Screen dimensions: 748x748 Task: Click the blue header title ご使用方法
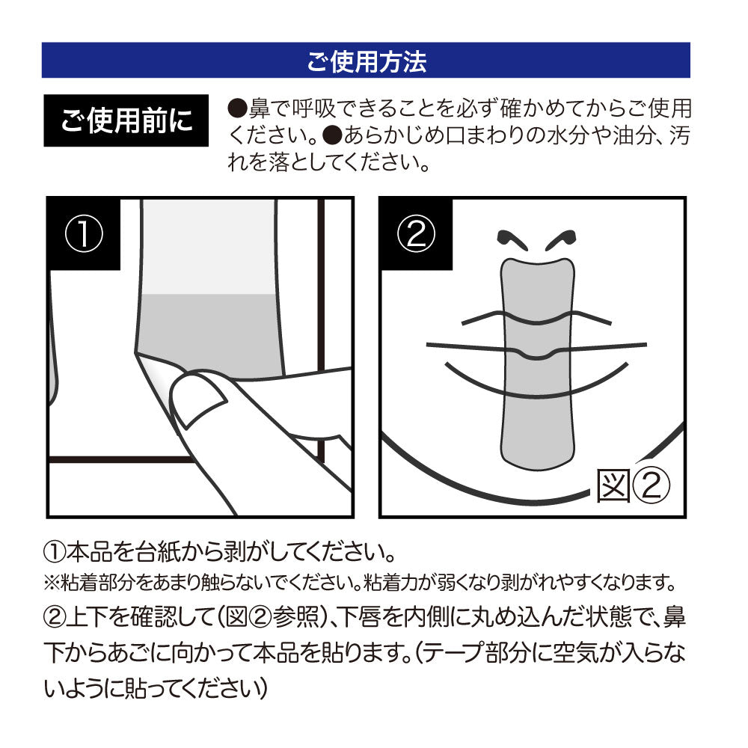click(366, 61)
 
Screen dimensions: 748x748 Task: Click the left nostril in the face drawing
click(511, 241)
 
